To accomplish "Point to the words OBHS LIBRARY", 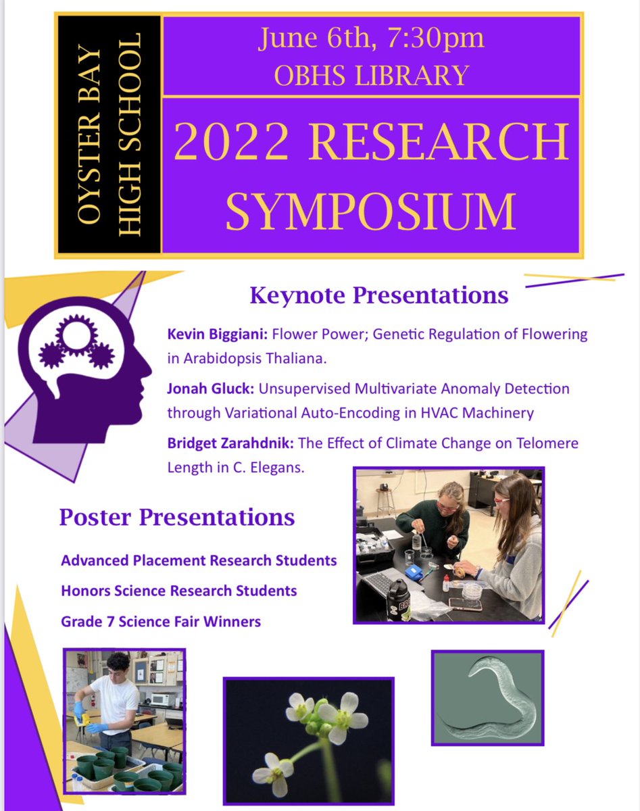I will point(371,74).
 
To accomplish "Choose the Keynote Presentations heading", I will point(378,295).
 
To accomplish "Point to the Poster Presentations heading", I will point(177,518).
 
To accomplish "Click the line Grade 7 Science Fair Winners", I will point(161,621).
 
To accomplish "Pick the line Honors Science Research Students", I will point(179,591).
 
